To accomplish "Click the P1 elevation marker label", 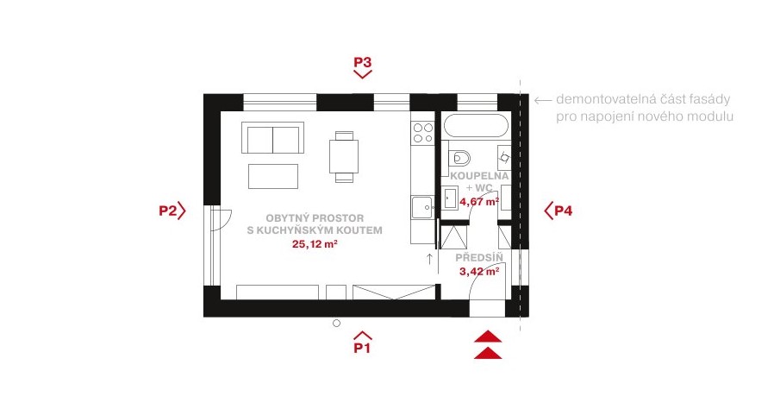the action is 362,348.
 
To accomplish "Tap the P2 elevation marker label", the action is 167,211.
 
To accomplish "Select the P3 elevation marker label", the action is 362,62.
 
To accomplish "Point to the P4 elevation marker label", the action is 563,211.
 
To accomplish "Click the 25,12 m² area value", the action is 315,243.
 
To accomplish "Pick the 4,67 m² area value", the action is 479,202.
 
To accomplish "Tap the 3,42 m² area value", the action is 479,271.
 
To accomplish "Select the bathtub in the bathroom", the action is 476,125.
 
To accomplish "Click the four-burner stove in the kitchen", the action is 422,132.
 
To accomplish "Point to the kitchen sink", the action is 422,207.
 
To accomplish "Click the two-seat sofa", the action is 272,138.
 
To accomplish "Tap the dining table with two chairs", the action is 344,156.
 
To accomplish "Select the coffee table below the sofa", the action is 273,176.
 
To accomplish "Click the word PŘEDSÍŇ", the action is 479,257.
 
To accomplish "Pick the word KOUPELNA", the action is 479,176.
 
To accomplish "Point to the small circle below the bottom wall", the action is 337,323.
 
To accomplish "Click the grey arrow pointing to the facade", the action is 543,100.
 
